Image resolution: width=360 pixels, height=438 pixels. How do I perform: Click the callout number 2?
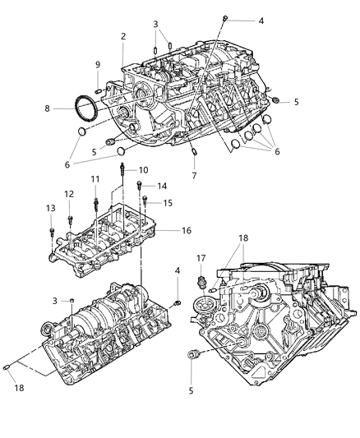coord(123,36)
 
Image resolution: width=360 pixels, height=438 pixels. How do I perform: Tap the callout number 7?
coord(193,176)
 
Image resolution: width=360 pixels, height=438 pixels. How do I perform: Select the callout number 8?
coord(47,108)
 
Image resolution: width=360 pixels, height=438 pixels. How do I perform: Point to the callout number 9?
coord(97,65)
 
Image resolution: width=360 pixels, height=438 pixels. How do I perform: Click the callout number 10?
coord(143,170)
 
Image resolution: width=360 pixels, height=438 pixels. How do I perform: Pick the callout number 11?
coord(95,179)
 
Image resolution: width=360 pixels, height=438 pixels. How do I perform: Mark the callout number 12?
coord(69,194)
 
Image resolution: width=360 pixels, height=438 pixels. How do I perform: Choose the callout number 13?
coord(50,208)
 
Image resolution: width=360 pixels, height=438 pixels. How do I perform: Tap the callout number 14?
coord(162,186)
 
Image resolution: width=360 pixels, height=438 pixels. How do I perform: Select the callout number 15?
coord(168,202)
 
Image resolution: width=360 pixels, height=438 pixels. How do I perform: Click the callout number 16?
coord(187,232)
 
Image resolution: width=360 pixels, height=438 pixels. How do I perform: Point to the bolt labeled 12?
coord(70,219)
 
